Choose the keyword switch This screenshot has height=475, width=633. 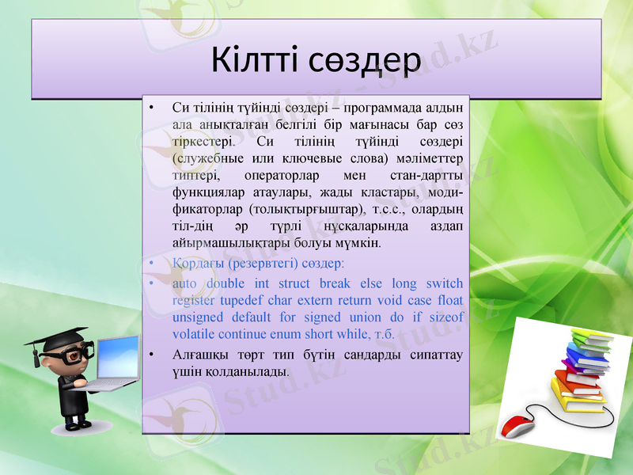click(x=444, y=283)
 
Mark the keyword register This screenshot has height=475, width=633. click(x=192, y=300)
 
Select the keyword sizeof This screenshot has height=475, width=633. click(x=445, y=317)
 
